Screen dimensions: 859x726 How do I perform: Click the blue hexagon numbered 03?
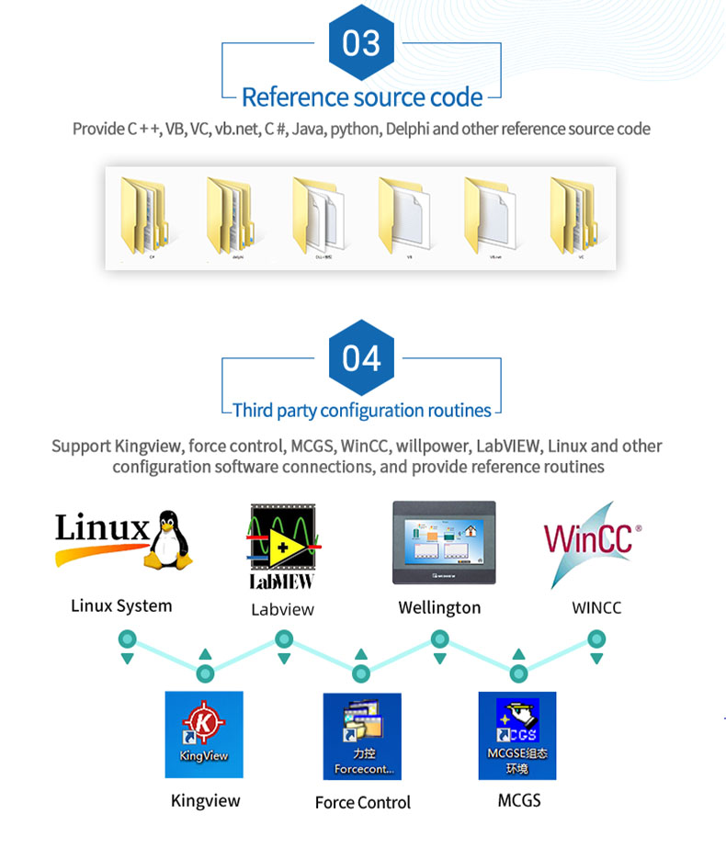(x=361, y=43)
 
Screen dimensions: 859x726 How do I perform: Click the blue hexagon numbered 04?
(x=361, y=357)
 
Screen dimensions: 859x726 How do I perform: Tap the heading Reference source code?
(x=362, y=96)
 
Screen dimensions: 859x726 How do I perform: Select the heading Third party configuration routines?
(x=362, y=410)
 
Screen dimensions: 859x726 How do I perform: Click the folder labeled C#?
(x=145, y=216)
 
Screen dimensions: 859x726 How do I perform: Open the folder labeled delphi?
(x=231, y=216)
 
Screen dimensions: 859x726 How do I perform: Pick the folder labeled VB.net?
(x=488, y=216)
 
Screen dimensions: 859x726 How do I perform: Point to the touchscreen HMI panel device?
(x=444, y=542)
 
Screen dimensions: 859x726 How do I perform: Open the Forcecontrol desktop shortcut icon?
(x=362, y=736)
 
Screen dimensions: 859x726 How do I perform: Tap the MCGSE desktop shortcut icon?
(x=517, y=735)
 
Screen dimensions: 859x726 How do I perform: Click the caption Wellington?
(x=439, y=607)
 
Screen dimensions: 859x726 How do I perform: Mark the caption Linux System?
(x=121, y=605)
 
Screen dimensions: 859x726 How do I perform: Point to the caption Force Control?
(x=363, y=802)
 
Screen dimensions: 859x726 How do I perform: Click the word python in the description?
(x=354, y=129)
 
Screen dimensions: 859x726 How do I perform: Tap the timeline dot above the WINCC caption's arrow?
(x=596, y=639)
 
